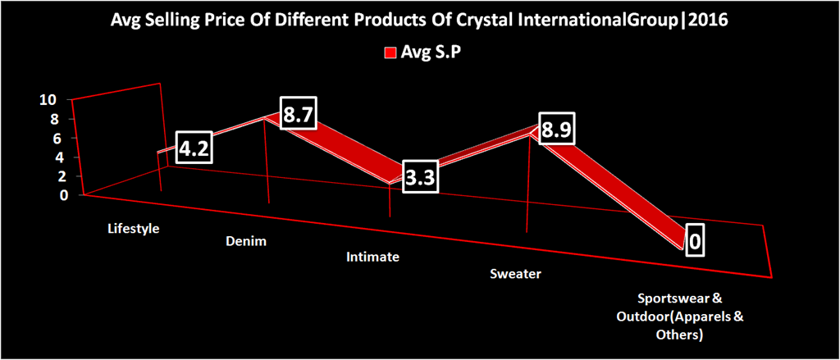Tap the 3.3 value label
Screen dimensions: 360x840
tap(420, 177)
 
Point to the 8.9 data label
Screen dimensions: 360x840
tap(556, 130)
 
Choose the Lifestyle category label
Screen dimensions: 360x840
tap(133, 228)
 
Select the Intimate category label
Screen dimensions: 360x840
tap(372, 257)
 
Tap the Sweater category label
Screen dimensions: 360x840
tap(515, 273)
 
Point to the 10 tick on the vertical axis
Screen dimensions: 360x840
tap(48, 100)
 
